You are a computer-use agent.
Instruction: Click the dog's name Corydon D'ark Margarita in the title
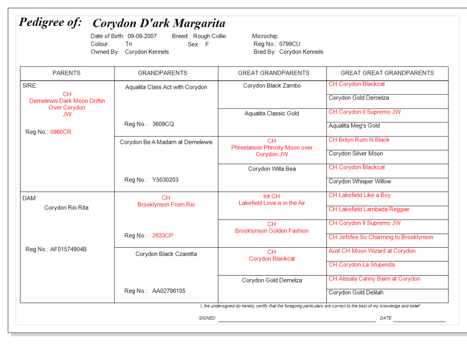[159, 23]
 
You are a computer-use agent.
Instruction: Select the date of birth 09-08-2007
[142, 36]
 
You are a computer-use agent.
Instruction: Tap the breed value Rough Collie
[210, 36]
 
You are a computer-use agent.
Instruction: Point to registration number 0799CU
[290, 44]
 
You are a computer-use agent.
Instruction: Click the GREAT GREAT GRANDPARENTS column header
[387, 73]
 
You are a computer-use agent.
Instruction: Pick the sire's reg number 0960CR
[61, 132]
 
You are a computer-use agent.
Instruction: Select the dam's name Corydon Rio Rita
[67, 208]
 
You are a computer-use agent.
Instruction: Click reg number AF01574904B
[68, 249]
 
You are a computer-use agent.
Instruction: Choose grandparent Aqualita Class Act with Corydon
[166, 87]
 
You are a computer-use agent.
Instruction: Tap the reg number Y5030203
[165, 180]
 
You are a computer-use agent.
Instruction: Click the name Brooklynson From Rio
[166, 204]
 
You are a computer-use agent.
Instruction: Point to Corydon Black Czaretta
[166, 254]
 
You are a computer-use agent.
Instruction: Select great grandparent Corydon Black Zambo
[272, 86]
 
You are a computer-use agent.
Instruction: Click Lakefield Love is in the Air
[272, 203]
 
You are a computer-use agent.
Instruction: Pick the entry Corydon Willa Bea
[272, 169]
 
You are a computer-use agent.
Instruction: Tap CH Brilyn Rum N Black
[359, 140]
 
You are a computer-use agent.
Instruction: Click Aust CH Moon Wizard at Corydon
[372, 251]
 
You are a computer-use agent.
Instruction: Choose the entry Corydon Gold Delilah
[356, 292]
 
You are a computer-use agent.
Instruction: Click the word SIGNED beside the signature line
[207, 318]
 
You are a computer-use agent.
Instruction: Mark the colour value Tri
[129, 44]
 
